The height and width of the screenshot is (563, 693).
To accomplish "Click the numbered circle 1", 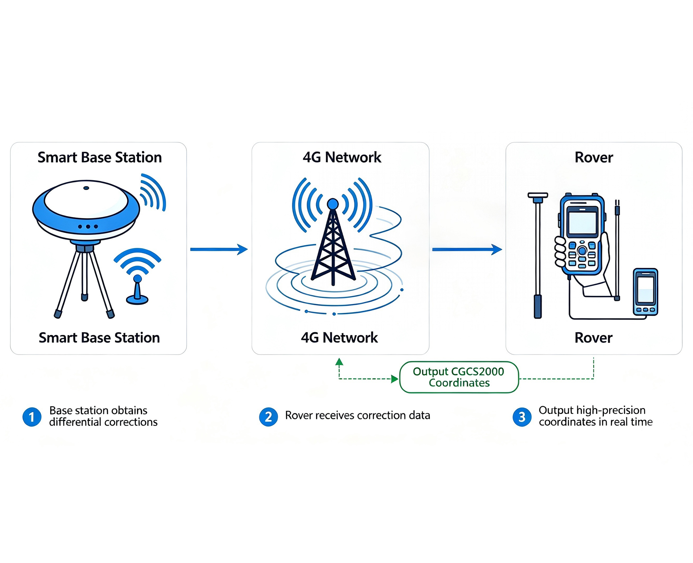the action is coord(32,417).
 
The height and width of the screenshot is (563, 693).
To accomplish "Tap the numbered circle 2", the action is coord(268,417).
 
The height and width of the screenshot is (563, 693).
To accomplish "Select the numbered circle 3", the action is coord(522,417).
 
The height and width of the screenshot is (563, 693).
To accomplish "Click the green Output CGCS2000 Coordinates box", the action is coord(459,377).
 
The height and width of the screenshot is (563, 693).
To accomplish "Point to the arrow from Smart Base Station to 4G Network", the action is coord(219,249).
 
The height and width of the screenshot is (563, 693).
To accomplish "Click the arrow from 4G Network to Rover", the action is coord(467,249).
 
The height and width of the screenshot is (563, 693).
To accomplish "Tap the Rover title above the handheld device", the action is coord(594,158).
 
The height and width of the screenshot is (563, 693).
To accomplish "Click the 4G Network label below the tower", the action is coord(339,338).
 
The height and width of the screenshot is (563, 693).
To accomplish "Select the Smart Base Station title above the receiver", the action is coord(100,158).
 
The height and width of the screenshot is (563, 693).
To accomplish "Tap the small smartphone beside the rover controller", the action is coord(645,292).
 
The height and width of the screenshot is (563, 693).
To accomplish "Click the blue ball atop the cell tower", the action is coord(333,204).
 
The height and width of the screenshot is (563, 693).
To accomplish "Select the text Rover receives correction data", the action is coord(358,415).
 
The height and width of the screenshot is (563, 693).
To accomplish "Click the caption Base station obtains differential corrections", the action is coord(103,416).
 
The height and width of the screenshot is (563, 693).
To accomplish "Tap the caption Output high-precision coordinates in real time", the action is coord(596,416).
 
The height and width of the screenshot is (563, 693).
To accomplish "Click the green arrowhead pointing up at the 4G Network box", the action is coord(339,362).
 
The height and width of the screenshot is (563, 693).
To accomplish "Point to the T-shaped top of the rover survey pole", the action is coord(538,196).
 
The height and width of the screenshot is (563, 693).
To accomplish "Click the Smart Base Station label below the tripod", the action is coord(99,338).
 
